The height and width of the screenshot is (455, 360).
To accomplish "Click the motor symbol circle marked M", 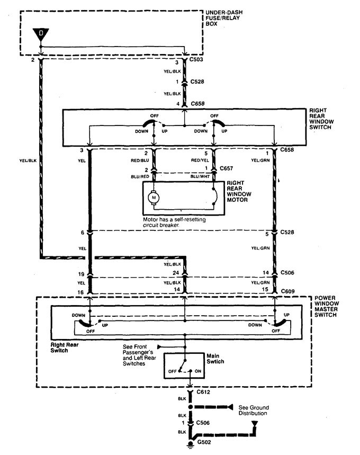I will [154, 197].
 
